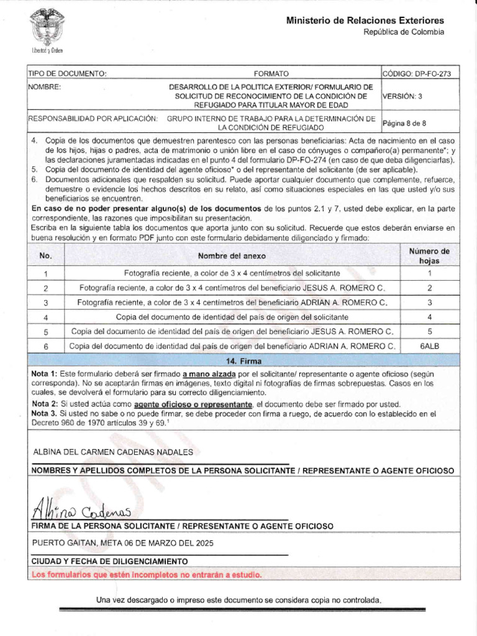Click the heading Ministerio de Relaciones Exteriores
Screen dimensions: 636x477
pyautogui.click(x=365, y=21)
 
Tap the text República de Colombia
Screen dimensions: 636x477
pyautogui.click(x=403, y=32)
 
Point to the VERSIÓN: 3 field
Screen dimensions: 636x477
pyautogui.click(x=402, y=96)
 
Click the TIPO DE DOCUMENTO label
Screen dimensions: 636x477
pyautogui.click(x=68, y=73)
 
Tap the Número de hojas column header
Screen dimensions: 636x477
pyautogui.click(x=429, y=256)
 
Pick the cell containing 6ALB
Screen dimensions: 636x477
pyautogui.click(x=429, y=345)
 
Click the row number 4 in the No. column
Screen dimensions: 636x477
pyautogui.click(x=46, y=317)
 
